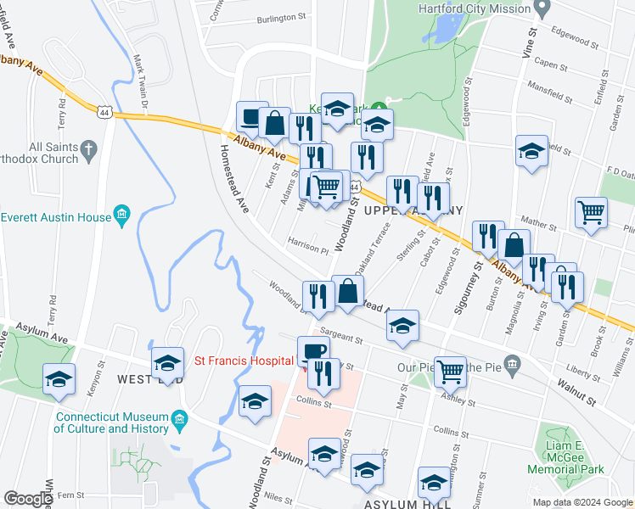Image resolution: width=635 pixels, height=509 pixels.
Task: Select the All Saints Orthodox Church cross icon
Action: pos(88,153)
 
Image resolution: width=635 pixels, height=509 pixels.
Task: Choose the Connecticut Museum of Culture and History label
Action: pos(113,422)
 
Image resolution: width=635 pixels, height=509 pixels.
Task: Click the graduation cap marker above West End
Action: pos(168,363)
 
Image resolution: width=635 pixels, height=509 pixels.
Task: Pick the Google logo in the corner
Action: pos(29,498)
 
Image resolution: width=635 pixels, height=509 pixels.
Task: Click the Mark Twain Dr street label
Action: pos(141,81)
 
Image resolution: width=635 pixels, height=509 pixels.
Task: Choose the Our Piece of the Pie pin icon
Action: pos(511,366)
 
